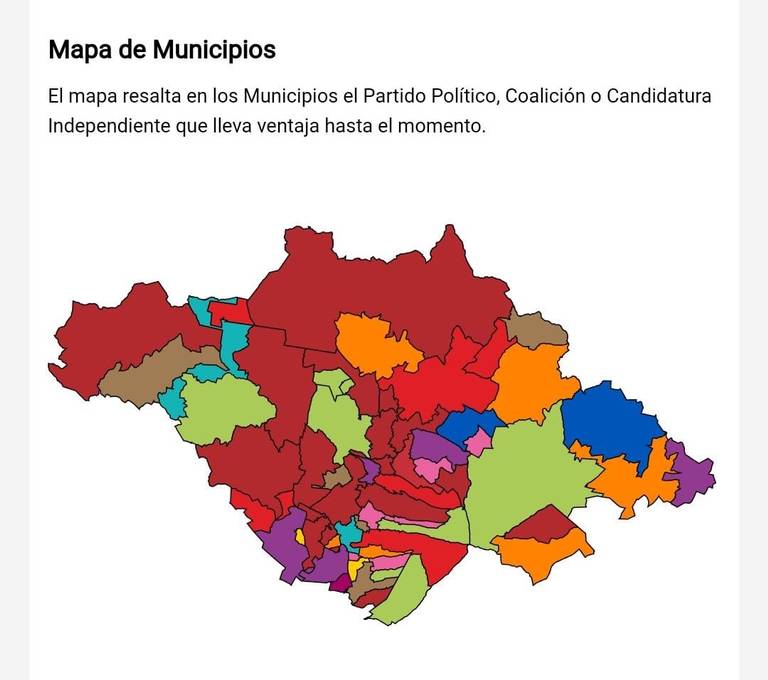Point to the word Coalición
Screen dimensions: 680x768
[x=550, y=97]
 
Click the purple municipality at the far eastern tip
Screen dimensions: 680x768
[x=693, y=473]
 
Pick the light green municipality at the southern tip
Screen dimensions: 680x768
[x=404, y=595]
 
